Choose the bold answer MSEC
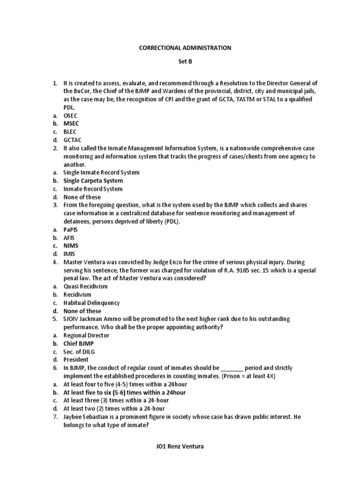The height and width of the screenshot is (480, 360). (71, 123)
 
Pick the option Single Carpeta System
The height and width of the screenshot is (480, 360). (93, 180)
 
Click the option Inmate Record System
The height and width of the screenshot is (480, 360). (93, 189)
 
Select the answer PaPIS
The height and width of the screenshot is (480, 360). (71, 230)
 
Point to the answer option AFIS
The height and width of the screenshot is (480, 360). (69, 238)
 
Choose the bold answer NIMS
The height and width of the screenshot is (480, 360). (70, 246)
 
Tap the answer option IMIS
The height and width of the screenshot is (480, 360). (69, 254)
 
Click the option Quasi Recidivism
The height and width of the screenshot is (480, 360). (85, 286)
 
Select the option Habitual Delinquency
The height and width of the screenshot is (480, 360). (91, 303)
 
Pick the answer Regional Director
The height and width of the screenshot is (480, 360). (86, 335)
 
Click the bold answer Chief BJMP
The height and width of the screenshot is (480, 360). (78, 344)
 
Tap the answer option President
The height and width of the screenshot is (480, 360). (76, 360)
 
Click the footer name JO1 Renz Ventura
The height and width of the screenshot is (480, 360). (180, 446)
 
